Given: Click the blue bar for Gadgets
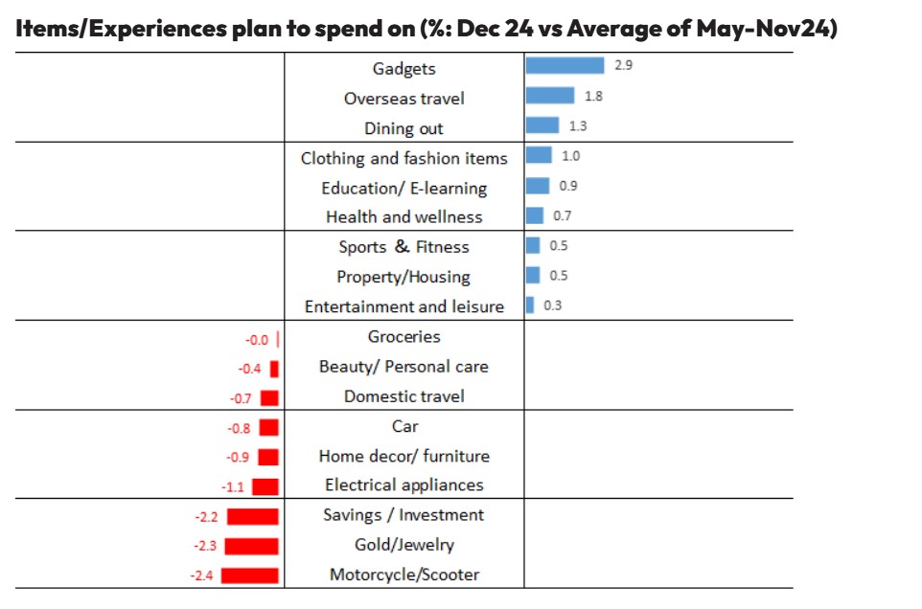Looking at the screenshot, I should click(565, 65).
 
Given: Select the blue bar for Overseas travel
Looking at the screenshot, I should click(549, 96).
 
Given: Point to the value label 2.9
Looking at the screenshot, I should click(623, 65).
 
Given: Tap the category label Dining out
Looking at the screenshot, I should click(403, 128).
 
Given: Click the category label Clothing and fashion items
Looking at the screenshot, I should click(403, 158).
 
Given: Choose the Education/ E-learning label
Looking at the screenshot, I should click(403, 188).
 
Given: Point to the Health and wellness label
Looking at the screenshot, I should click(403, 216).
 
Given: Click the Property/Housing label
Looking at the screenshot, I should click(403, 277).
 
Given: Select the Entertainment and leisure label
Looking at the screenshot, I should click(403, 306).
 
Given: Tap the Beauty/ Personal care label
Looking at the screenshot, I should click(403, 367).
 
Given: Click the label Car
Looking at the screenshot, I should click(404, 426).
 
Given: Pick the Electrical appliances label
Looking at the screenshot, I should click(403, 485).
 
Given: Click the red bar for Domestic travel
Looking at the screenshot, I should click(269, 397).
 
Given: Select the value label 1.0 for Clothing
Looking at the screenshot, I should click(570, 155).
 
